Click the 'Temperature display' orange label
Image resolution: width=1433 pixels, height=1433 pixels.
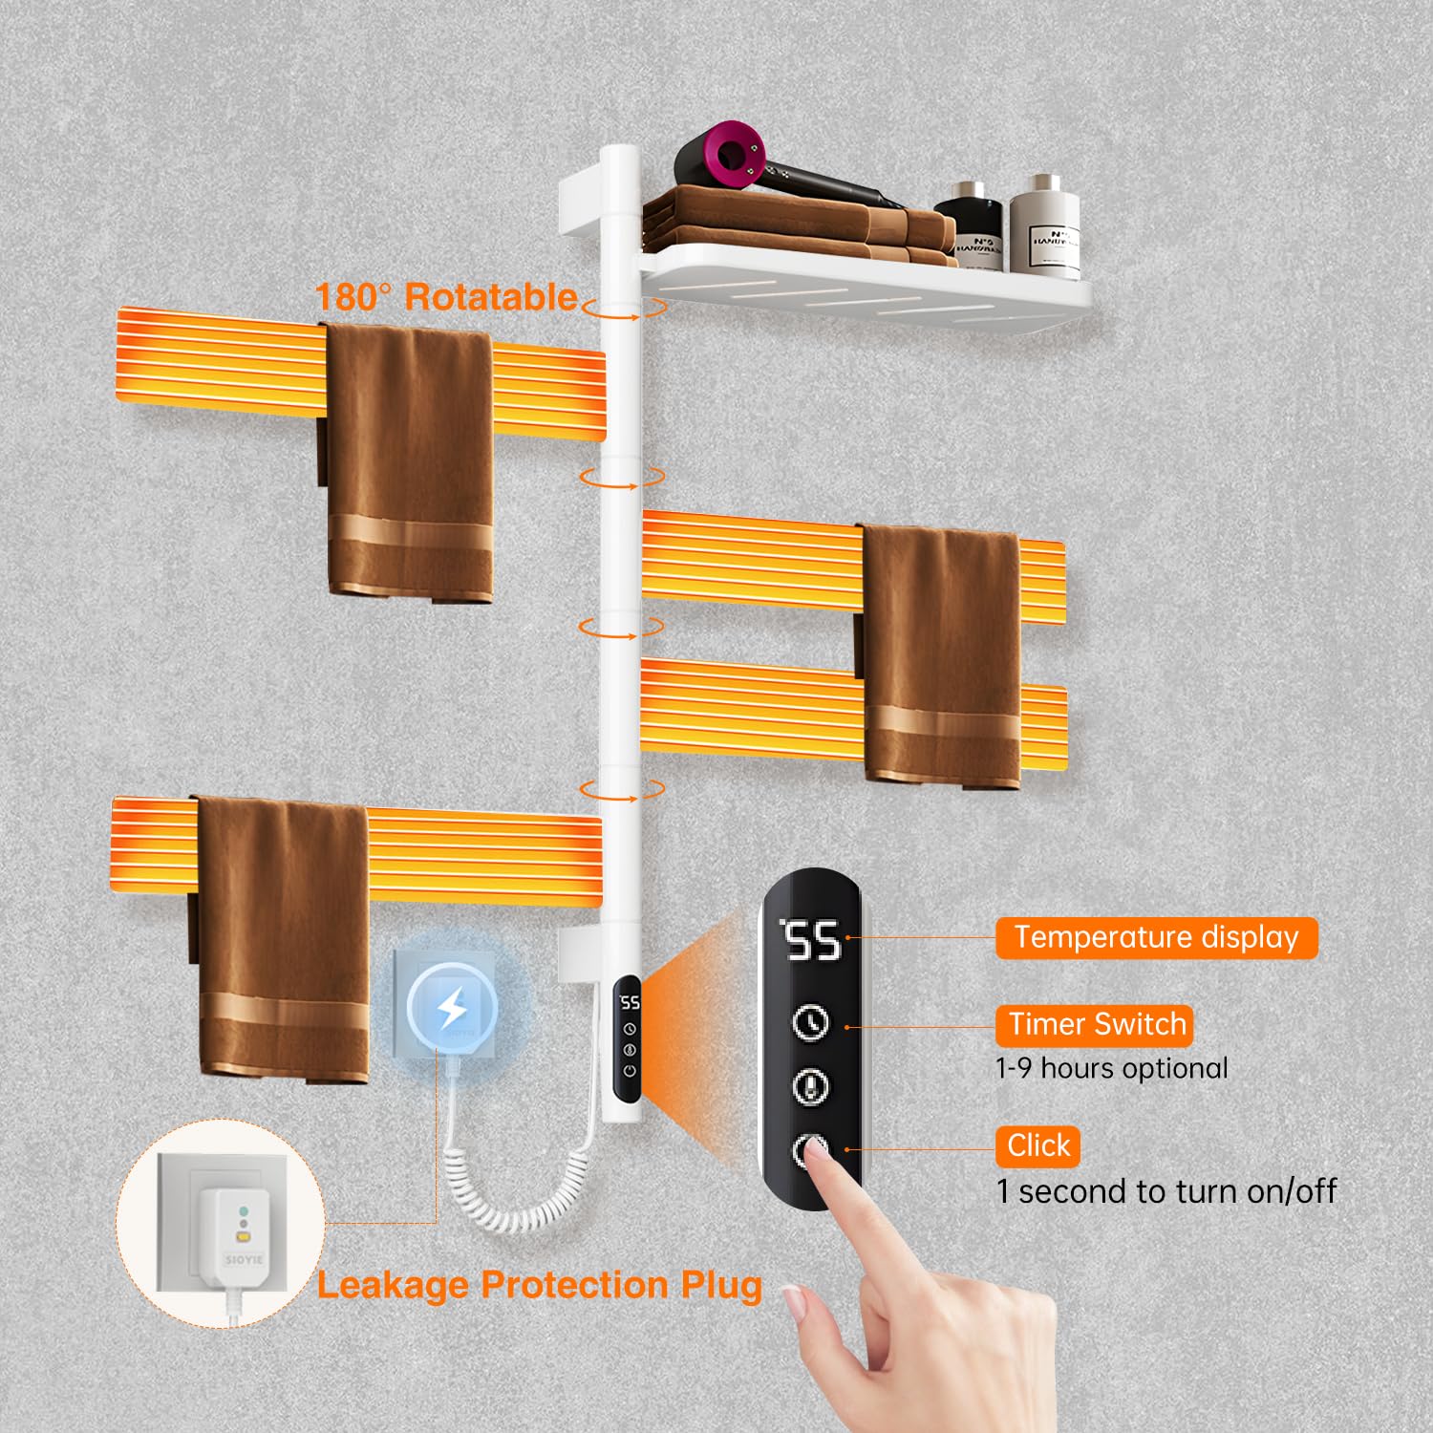(x=1156, y=937)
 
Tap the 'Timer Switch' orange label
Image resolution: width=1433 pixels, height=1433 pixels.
(x=1095, y=1024)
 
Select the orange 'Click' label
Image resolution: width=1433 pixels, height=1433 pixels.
(x=1037, y=1145)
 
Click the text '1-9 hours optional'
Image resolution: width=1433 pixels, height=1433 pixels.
(x=1111, y=1068)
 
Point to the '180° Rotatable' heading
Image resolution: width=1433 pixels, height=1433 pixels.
(x=446, y=297)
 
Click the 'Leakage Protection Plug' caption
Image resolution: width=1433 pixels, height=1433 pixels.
(x=539, y=1285)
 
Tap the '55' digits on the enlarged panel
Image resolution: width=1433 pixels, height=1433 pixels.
(x=812, y=941)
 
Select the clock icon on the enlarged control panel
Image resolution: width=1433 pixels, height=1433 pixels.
(x=811, y=1022)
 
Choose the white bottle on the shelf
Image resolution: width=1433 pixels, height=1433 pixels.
(x=1044, y=226)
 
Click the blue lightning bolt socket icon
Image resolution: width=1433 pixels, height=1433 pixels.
(x=452, y=1007)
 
